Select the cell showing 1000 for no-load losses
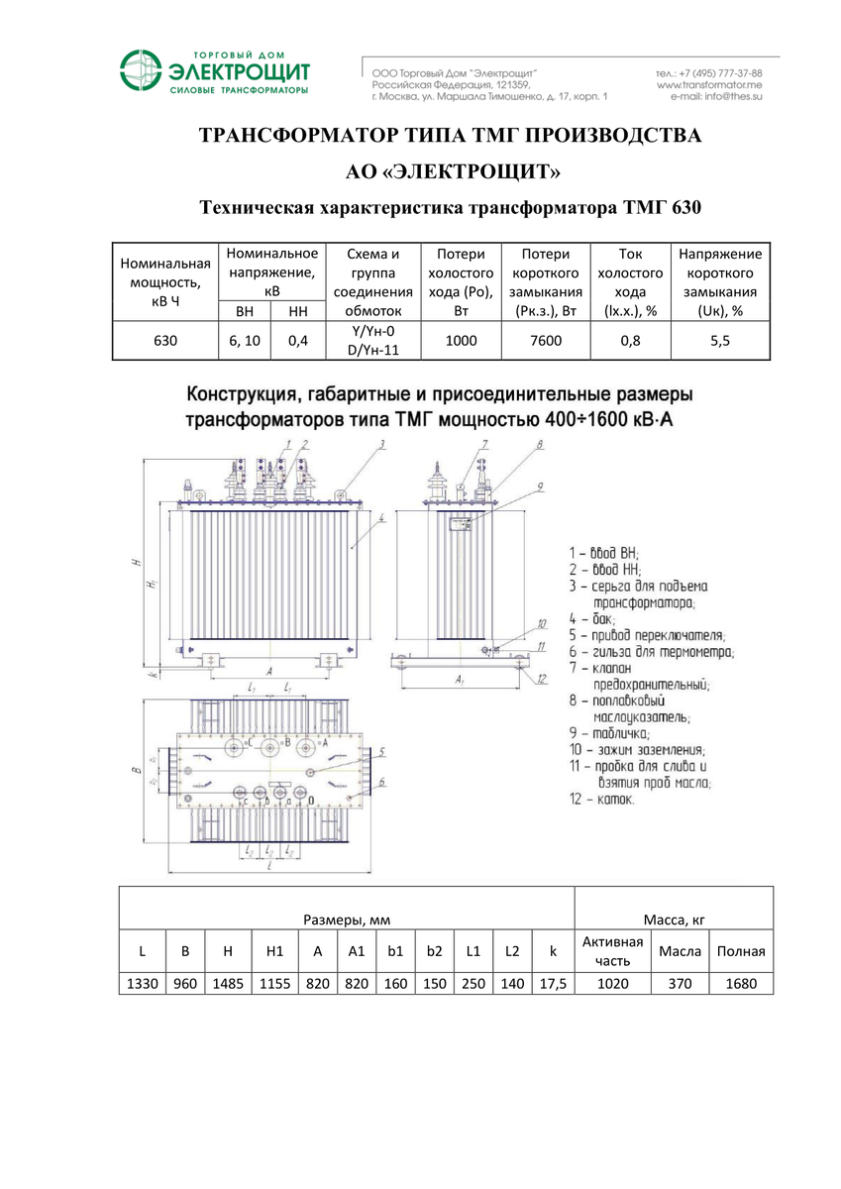click(x=461, y=341)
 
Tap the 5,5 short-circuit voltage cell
click(x=720, y=341)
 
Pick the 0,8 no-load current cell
click(x=630, y=341)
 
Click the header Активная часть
click(x=612, y=950)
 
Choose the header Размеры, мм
click(x=347, y=921)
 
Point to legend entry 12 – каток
click(x=601, y=799)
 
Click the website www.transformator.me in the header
click(x=708, y=86)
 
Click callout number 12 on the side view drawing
click(x=543, y=679)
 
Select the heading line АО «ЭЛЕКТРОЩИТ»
click(x=452, y=172)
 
